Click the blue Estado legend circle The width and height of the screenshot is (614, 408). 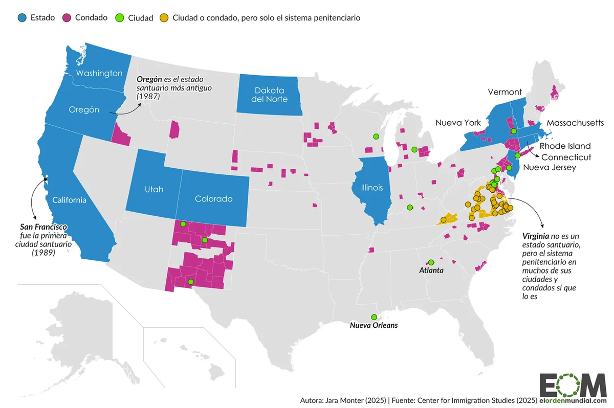[x=21, y=18]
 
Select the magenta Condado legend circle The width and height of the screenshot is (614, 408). [x=66, y=18]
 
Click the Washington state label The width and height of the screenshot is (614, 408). [x=99, y=73]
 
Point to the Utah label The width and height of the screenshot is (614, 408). [x=153, y=189]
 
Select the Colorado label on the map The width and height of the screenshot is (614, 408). [x=213, y=199]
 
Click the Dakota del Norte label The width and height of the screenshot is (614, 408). [x=269, y=95]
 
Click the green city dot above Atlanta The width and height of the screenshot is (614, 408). [x=431, y=262]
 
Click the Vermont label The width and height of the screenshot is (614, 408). [x=505, y=92]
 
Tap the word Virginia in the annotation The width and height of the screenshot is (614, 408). [x=535, y=237]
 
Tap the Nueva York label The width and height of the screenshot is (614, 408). [x=458, y=123]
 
